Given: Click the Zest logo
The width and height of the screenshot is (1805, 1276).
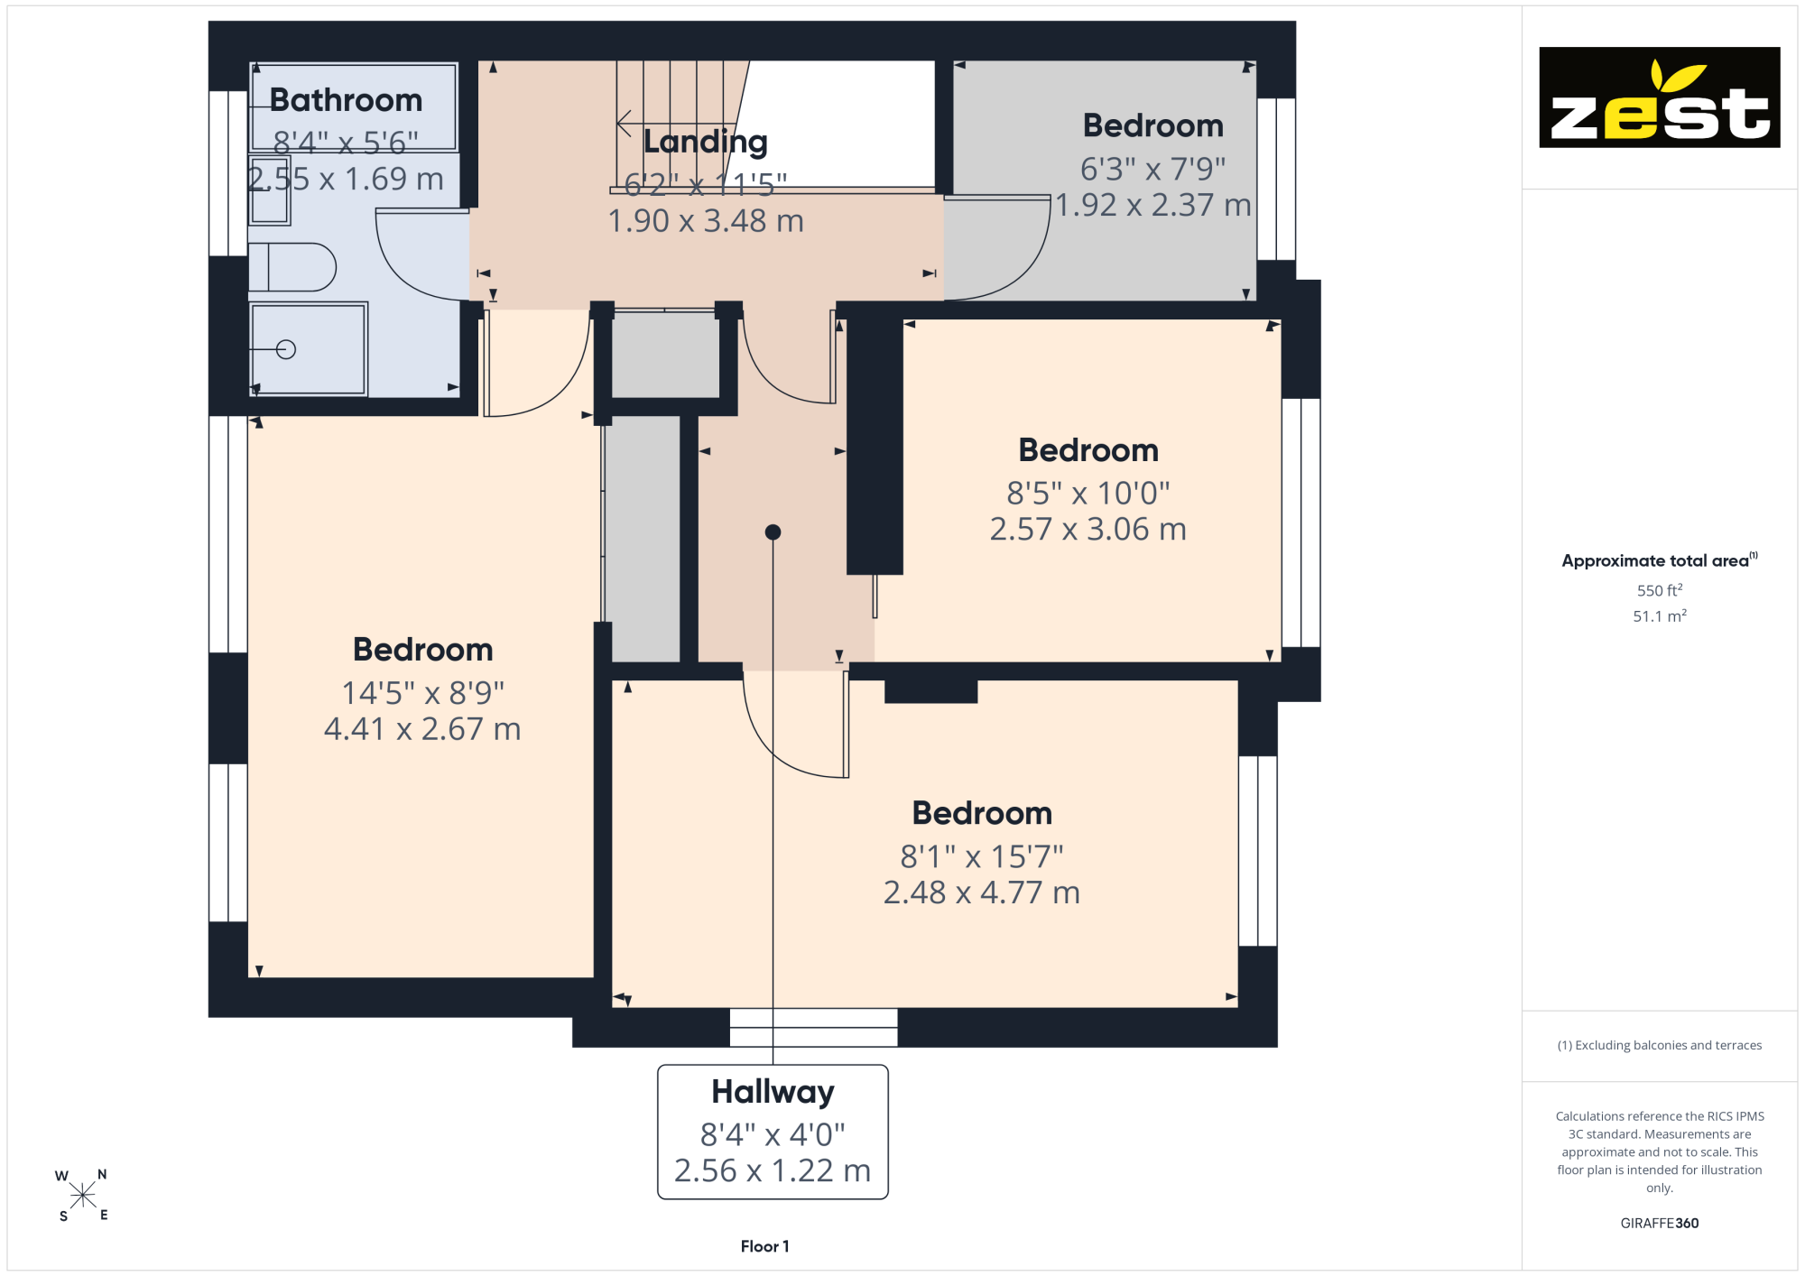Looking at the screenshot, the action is click(x=1660, y=97).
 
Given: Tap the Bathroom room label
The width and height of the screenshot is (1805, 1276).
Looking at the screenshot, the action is click(x=346, y=100).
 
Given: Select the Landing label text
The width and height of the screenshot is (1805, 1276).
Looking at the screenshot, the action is click(x=706, y=142).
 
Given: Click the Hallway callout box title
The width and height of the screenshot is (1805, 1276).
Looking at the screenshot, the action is click(x=773, y=1092).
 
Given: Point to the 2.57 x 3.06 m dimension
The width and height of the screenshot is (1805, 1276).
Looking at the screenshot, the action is click(x=1088, y=529).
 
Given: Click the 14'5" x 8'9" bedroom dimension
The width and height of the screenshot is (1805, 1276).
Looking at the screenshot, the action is click(x=422, y=693).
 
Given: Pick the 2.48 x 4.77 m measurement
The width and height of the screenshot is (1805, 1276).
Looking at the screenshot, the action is click(x=982, y=892).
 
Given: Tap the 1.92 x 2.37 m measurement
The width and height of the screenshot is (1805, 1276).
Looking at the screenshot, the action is click(x=1153, y=205).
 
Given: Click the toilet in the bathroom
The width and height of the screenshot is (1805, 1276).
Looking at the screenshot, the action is click(x=292, y=267).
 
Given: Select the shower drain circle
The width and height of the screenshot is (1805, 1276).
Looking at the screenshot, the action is click(x=286, y=349).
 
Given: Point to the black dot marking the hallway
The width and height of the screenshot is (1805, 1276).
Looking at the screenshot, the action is click(x=773, y=532).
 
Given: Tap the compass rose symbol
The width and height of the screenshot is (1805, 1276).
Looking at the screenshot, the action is click(x=82, y=1196).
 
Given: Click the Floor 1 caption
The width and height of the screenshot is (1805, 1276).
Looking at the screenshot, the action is click(x=765, y=1246).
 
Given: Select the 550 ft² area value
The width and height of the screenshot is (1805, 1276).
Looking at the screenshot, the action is click(x=1660, y=590).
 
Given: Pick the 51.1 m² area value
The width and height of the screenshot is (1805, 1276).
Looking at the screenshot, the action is click(x=1660, y=616).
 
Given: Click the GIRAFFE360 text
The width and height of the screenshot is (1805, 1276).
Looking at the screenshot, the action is click(x=1660, y=1224).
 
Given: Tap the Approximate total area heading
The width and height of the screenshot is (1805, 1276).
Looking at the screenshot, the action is click(x=1660, y=560).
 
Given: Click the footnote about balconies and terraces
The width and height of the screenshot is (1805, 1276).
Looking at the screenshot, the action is click(x=1660, y=1045).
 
